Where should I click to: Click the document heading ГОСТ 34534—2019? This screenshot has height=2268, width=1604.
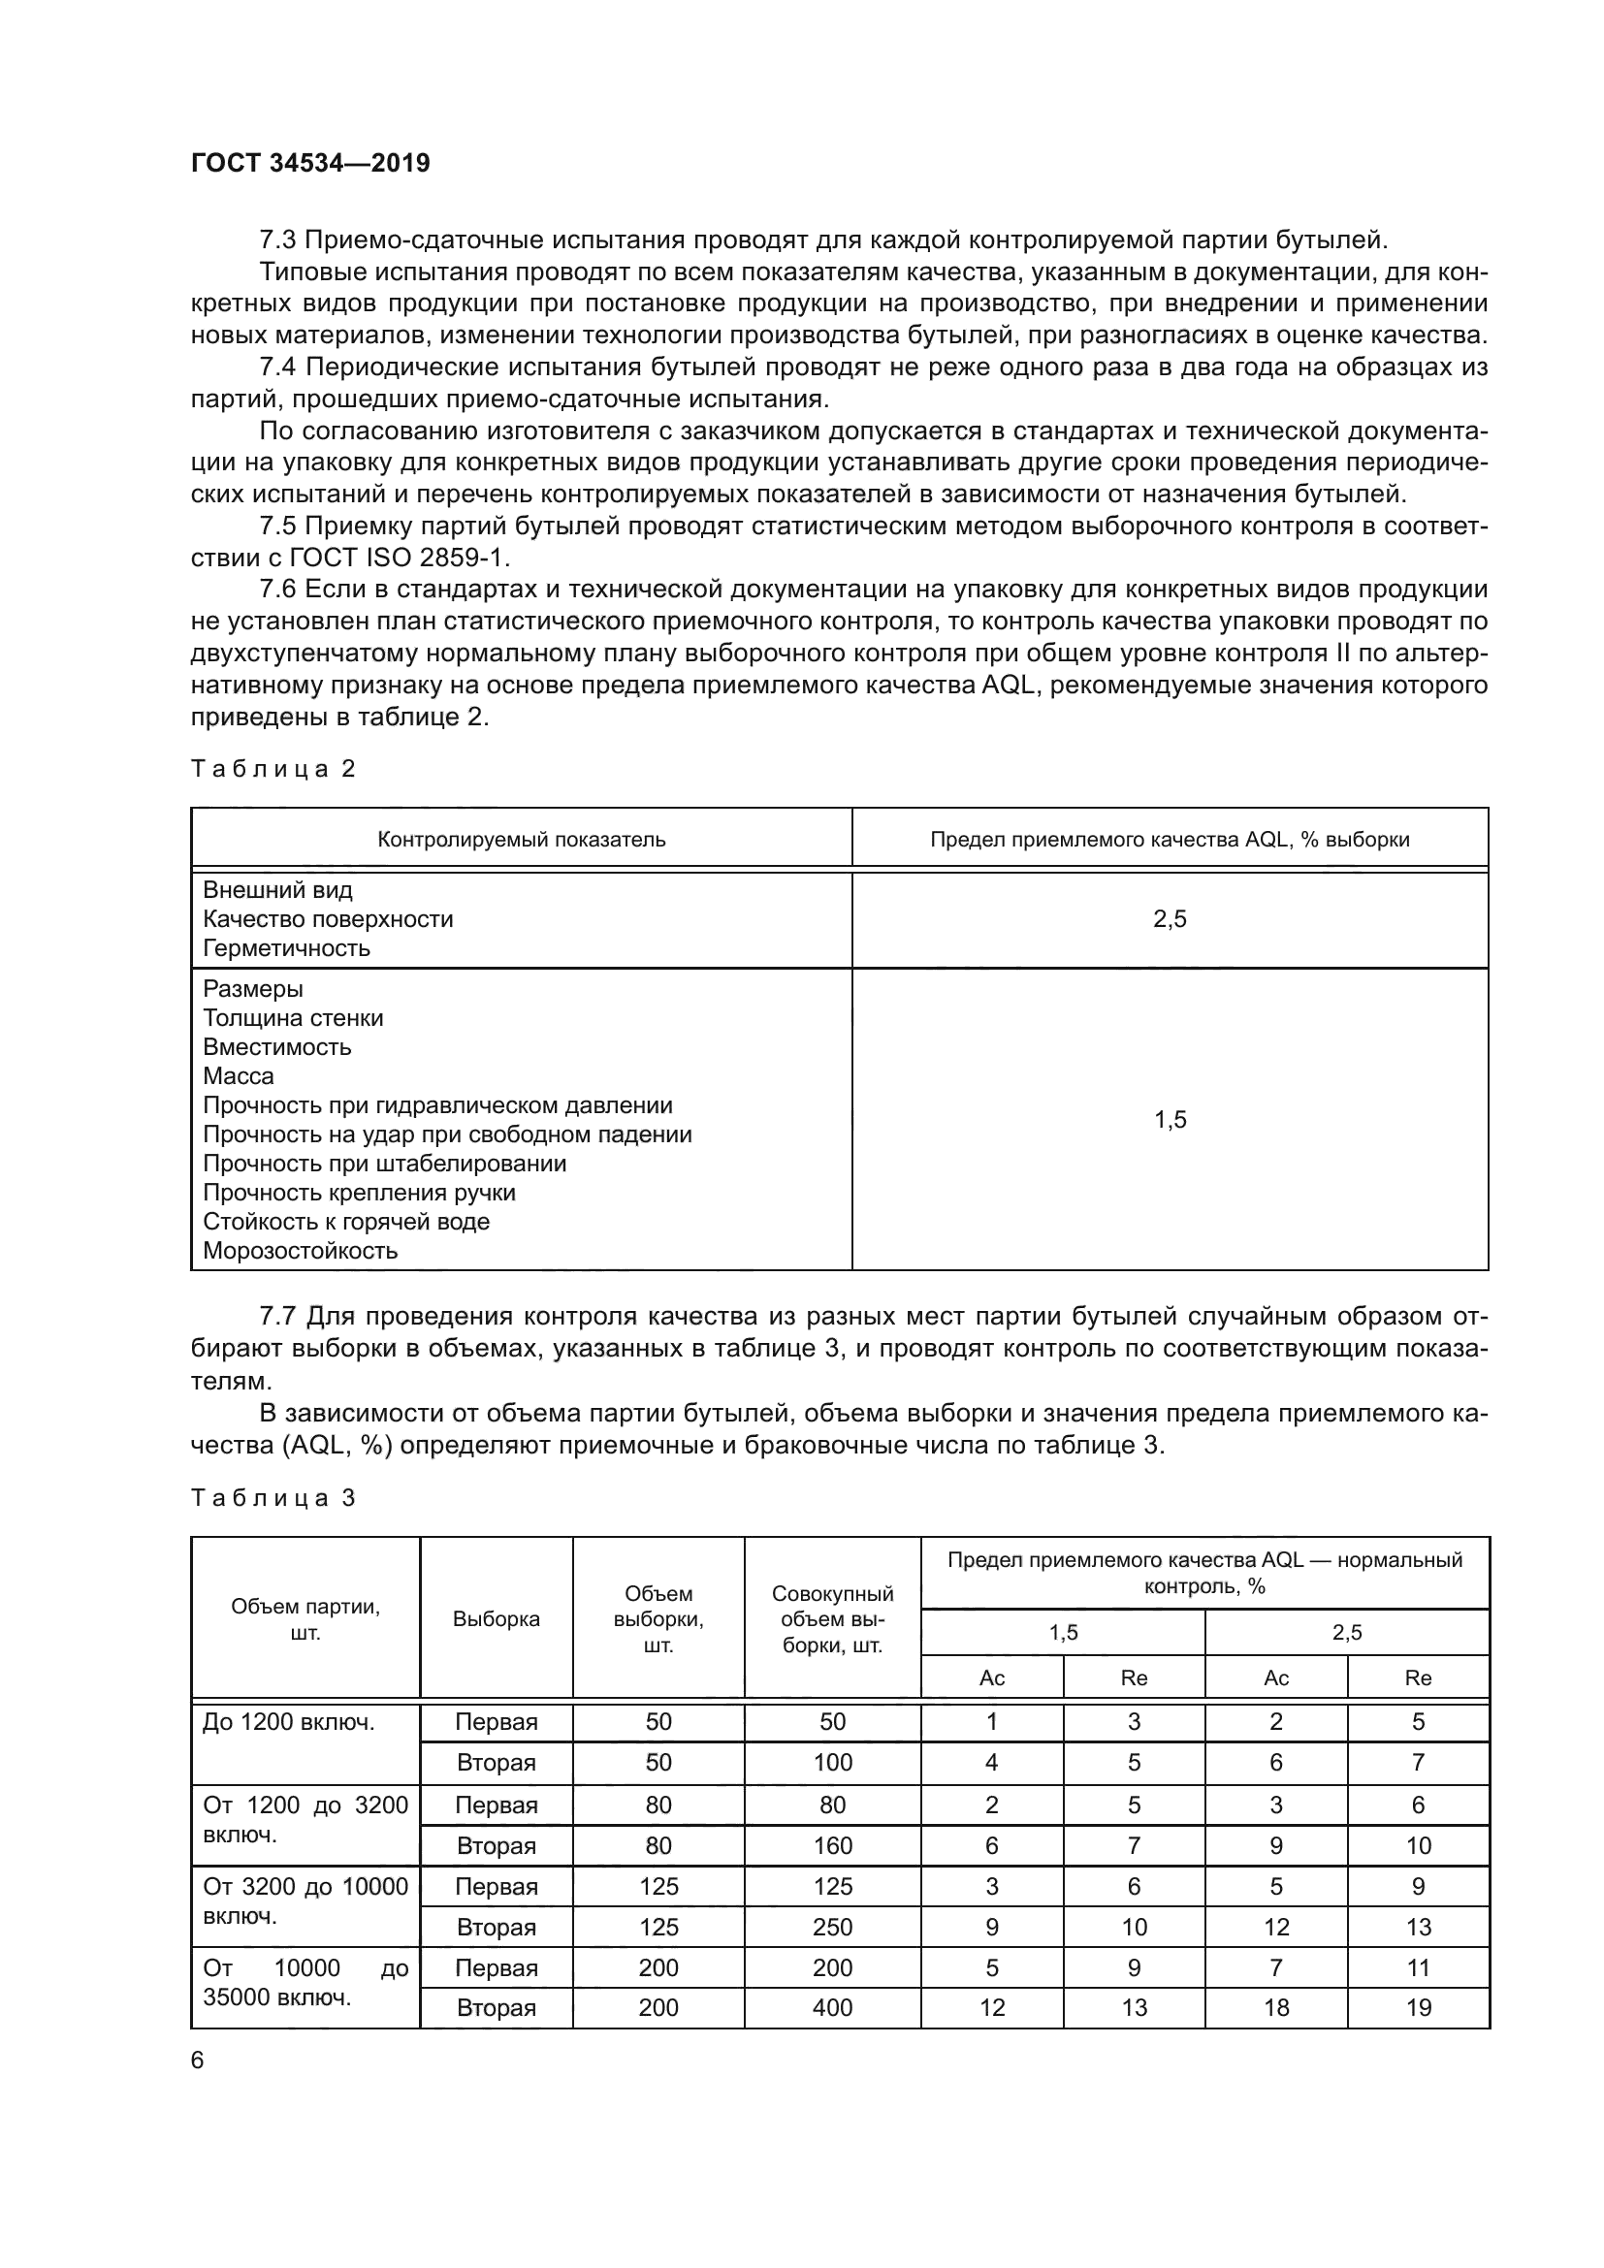(310, 163)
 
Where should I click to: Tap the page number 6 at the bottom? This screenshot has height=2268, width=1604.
(198, 2060)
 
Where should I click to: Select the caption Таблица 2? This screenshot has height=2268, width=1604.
(273, 769)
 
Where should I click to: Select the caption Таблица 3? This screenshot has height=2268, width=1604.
(273, 1497)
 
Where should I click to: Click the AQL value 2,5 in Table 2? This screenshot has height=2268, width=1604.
(1170, 919)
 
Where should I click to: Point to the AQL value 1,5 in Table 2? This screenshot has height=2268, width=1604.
(1170, 1119)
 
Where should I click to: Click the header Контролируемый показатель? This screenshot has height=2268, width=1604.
(522, 840)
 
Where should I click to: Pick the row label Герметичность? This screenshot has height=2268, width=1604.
(286, 948)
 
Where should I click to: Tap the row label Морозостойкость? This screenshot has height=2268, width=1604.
(301, 1251)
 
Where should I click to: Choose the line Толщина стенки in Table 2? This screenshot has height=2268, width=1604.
(292, 1017)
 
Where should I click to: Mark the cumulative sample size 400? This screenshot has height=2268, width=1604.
(832, 2007)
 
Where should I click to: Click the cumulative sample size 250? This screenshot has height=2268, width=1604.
(832, 1927)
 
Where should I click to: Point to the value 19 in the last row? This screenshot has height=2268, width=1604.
(1419, 2007)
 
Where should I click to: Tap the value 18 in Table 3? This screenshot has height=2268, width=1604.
(1275, 2007)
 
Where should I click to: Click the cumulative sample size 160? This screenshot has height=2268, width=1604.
(832, 1845)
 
